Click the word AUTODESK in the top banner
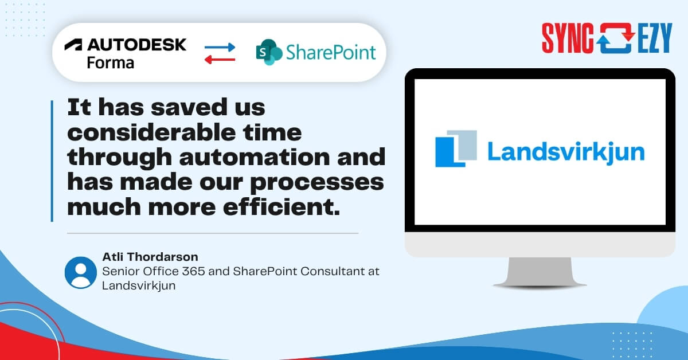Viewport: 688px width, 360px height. (x=137, y=45)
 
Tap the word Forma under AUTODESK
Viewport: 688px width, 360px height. (x=111, y=63)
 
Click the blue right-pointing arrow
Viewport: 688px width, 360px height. (x=220, y=48)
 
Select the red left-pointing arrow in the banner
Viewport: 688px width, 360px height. (x=220, y=60)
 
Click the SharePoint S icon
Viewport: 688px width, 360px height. (x=269, y=52)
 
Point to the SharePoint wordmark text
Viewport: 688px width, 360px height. (x=331, y=52)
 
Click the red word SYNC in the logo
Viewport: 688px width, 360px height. (x=568, y=38)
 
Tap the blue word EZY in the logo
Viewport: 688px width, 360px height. (x=655, y=38)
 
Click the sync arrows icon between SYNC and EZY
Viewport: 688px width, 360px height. (x=616, y=38)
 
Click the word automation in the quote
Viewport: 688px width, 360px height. (x=255, y=157)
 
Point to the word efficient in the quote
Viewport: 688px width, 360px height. (x=282, y=207)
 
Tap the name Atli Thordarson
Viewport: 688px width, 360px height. (x=150, y=257)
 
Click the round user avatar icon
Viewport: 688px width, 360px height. (x=81, y=273)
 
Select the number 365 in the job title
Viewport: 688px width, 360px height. (x=194, y=271)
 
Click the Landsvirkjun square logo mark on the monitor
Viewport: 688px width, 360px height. (x=456, y=148)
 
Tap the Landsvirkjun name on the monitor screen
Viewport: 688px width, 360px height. (x=566, y=152)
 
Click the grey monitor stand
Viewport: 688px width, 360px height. (x=540, y=272)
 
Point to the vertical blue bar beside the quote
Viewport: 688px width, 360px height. (x=52, y=161)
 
